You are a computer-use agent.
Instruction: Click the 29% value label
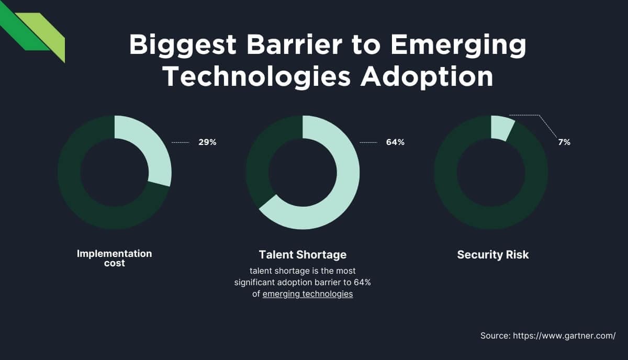207,142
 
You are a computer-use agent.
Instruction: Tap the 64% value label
395,142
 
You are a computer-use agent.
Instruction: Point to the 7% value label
564,142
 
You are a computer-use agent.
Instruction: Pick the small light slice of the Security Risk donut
501,128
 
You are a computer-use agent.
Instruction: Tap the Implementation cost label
114,258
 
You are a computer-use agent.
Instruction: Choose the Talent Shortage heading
302,255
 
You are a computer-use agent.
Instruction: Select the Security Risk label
492,255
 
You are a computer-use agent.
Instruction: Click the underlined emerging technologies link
308,294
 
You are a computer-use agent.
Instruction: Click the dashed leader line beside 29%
181,142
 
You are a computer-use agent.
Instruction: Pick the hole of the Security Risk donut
491,172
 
